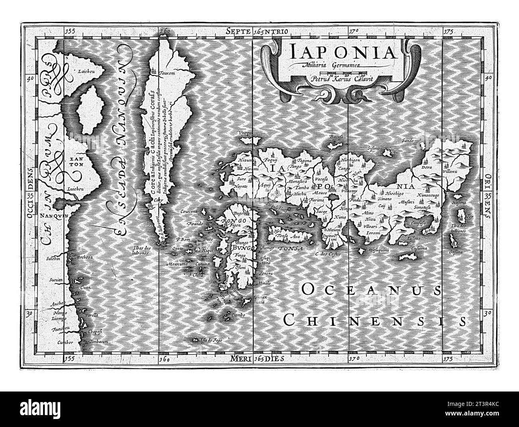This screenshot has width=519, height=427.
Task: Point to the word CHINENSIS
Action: point(376,320)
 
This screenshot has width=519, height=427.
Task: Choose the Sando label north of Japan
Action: point(408,141)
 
